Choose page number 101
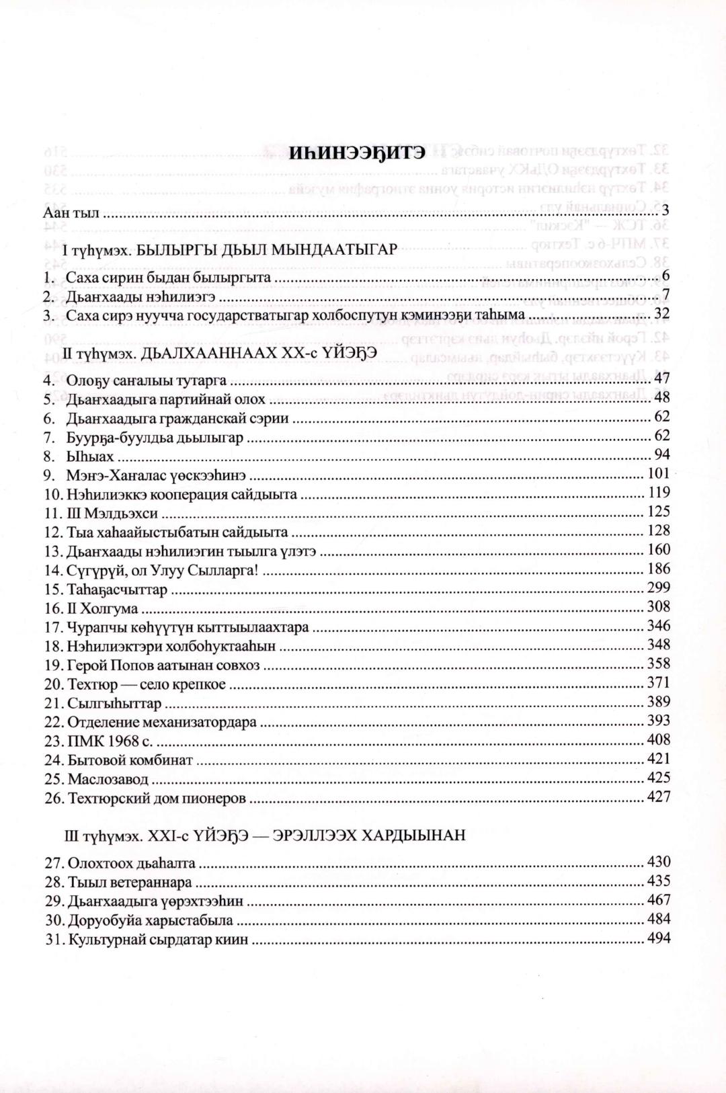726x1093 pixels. [657, 475]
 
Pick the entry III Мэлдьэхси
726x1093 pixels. [112, 514]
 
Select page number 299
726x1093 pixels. [657, 588]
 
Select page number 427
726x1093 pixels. [657, 797]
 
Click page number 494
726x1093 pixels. [657, 938]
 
